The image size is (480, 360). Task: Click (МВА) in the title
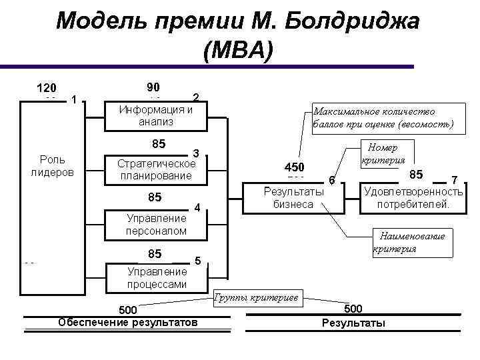pyautogui.click(x=239, y=51)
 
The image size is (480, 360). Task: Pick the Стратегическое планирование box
pyautogui.click(x=156, y=169)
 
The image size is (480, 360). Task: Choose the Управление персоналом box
pyautogui.click(x=156, y=225)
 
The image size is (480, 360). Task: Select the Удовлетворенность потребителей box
pyautogui.click(x=413, y=197)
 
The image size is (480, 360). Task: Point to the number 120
pyautogui.click(x=46, y=88)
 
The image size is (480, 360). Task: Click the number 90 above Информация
pyautogui.click(x=153, y=87)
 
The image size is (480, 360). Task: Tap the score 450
pyautogui.click(x=294, y=167)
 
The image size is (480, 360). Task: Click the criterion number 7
pyautogui.click(x=455, y=180)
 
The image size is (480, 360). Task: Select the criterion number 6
pyautogui.click(x=332, y=181)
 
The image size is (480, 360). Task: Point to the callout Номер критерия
pyautogui.click(x=383, y=154)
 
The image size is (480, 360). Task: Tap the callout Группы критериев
pyautogui.click(x=257, y=297)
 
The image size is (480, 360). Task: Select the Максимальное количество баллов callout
pyautogui.click(x=383, y=117)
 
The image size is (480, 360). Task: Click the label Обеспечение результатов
pyautogui.click(x=128, y=323)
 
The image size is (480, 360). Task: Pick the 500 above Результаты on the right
pyautogui.click(x=353, y=309)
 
